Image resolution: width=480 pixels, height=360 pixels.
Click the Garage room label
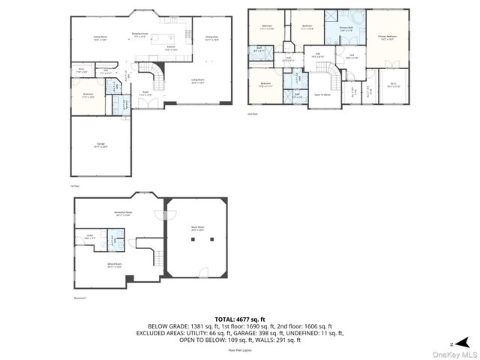pyautogui.click(x=100, y=147)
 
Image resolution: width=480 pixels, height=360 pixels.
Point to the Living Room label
pyautogui.click(x=198, y=81)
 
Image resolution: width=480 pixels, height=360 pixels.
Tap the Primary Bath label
pyautogui.click(x=346, y=29)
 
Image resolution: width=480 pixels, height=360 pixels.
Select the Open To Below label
pyautogui.click(x=323, y=95)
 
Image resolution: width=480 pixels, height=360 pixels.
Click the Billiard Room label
pyautogui.click(x=114, y=266)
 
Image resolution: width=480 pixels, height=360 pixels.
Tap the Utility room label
pyautogui.click(x=89, y=238)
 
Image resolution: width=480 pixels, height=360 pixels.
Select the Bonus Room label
pyautogui.click(x=198, y=226)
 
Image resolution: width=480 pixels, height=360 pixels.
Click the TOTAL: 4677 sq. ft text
pyautogui.click(x=240, y=319)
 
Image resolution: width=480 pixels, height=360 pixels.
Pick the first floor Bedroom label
pyautogui.click(x=88, y=94)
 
